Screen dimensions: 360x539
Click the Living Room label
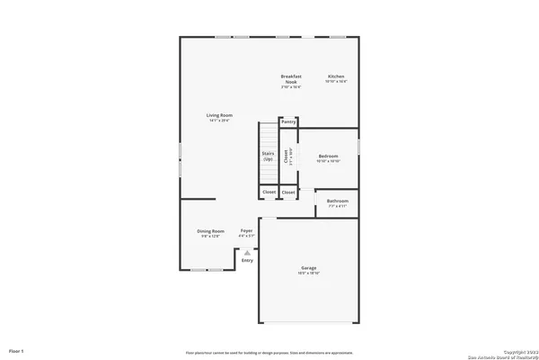[219, 115]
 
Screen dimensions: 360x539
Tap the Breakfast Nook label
[290, 78]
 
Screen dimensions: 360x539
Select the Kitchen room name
[336, 76]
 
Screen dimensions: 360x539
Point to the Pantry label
[288, 121]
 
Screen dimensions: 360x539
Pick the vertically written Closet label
[287, 156]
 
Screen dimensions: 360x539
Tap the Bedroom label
[328, 156]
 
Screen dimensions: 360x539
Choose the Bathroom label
[338, 201]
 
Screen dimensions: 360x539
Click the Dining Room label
[210, 231]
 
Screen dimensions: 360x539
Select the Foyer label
[246, 231]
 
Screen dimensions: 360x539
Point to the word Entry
[247, 260]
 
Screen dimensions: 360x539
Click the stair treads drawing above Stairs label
[268, 135]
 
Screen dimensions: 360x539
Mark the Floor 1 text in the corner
[16, 349]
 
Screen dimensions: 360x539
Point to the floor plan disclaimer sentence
[269, 352]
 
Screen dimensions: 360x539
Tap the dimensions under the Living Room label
[219, 121]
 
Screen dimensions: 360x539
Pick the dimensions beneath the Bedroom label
[328, 161]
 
